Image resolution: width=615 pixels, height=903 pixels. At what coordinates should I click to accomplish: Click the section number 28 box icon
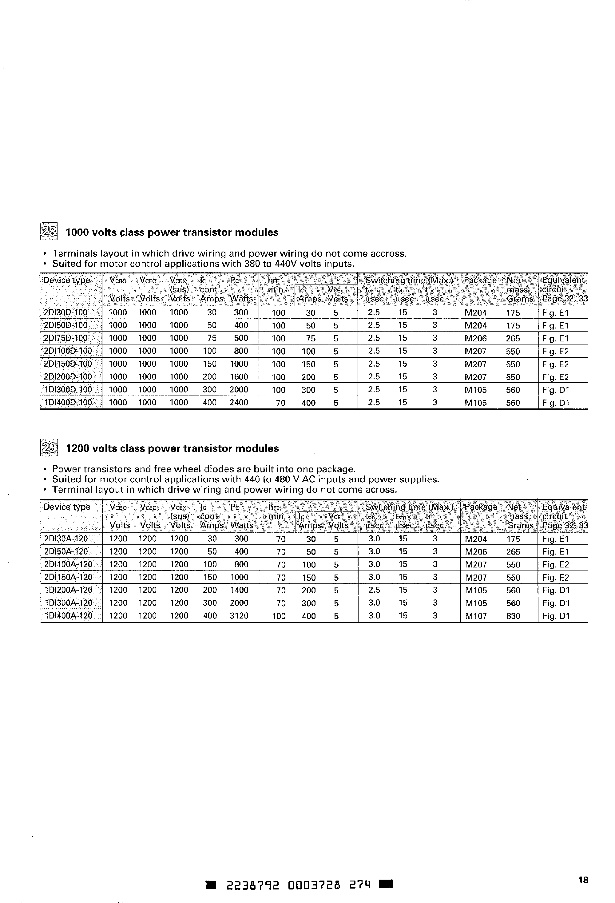[49, 232]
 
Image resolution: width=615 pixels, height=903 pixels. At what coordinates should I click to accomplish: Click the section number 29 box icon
[49, 448]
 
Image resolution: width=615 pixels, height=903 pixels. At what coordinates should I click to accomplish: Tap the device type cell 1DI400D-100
[68, 403]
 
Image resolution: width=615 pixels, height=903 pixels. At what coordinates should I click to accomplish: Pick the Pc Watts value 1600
[239, 376]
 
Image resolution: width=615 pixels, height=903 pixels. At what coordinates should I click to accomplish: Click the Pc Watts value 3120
[239, 615]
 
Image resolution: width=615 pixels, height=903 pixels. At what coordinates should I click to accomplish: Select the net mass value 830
[513, 616]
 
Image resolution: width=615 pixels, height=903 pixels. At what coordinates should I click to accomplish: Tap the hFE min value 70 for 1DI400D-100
[280, 403]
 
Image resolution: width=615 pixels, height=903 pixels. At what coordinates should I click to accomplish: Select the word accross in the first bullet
[387, 254]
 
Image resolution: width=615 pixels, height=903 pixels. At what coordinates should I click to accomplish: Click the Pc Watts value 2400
[239, 403]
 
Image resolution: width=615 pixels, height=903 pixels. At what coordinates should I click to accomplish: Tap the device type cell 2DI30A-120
[66, 539]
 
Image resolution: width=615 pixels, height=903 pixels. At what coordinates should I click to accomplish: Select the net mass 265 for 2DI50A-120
[513, 552]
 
